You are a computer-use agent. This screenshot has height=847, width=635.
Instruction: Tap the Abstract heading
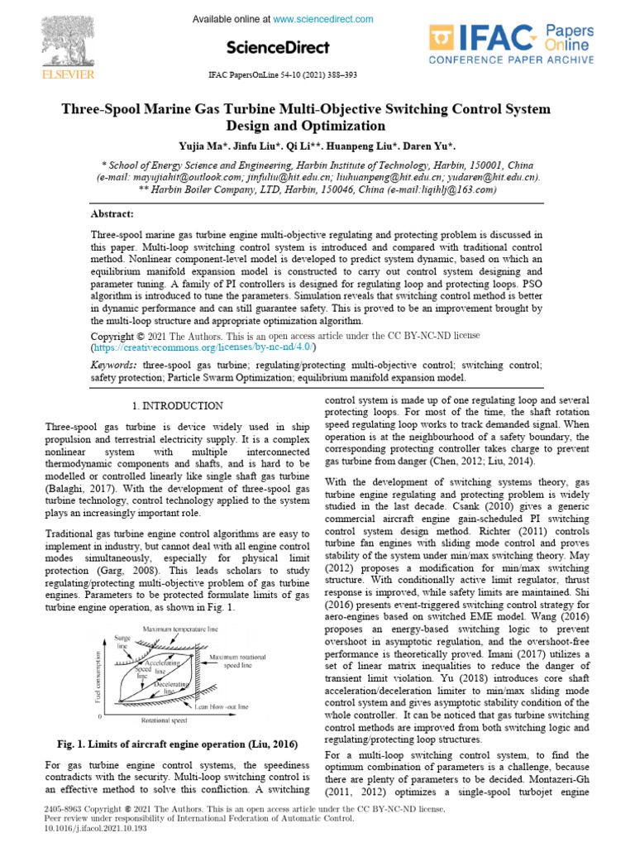point(113,213)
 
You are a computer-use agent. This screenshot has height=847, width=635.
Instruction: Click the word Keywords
point(113,364)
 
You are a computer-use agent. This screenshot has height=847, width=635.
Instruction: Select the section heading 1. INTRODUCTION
point(177,405)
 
